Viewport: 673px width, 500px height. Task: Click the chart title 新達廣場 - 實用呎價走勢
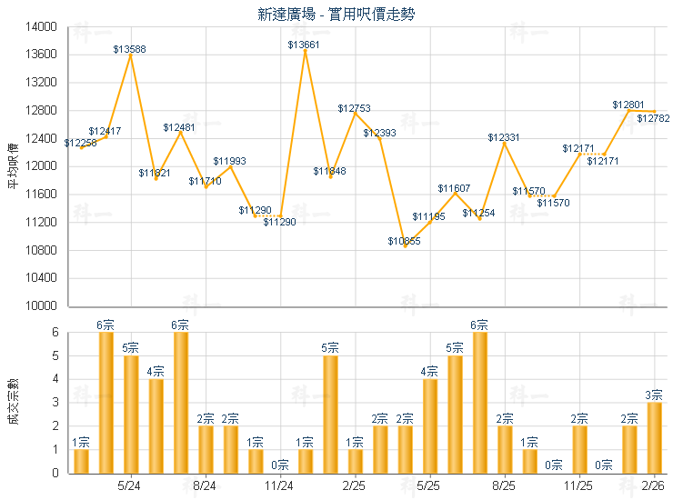[336, 14]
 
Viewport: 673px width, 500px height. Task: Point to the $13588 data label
[130, 48]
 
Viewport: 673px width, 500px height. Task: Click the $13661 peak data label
[304, 45]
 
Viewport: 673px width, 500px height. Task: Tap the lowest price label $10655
[404, 241]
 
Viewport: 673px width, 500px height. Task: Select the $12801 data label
[628, 105]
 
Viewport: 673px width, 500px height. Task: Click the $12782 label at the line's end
[653, 118]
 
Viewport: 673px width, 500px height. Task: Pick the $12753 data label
[354, 108]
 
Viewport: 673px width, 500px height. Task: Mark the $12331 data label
[504, 137]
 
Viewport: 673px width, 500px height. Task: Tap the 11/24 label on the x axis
[279, 486]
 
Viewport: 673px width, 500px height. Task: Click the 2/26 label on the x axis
[654, 486]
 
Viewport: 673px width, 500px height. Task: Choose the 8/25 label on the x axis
[504, 486]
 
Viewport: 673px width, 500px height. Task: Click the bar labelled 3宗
[654, 437]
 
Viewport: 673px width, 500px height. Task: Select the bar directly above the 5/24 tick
[130, 414]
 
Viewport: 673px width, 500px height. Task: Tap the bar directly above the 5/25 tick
[429, 425]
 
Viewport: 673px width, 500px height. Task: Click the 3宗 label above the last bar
[654, 395]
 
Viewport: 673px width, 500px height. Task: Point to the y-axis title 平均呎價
[13, 166]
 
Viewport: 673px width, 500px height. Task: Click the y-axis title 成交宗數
[13, 403]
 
